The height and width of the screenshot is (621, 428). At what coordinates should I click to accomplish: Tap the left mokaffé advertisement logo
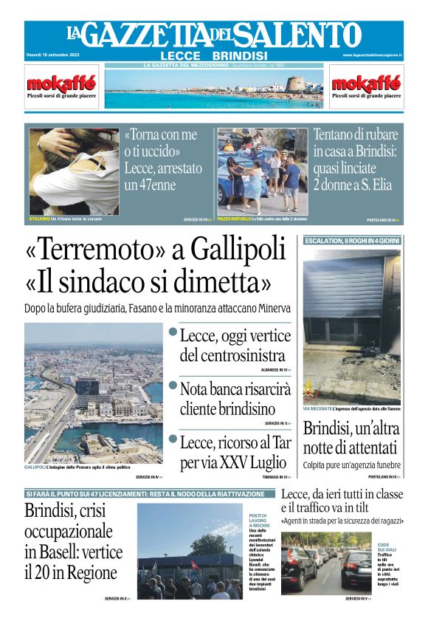(x=61, y=82)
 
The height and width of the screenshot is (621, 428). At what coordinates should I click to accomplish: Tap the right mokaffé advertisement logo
(x=366, y=82)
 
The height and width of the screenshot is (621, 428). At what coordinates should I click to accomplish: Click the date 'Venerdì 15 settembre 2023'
(x=52, y=55)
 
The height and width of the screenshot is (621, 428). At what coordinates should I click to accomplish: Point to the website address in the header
(x=372, y=55)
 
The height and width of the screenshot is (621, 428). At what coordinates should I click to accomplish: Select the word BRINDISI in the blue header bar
(x=239, y=55)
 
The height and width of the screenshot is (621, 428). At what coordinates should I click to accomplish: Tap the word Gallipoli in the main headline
(x=238, y=250)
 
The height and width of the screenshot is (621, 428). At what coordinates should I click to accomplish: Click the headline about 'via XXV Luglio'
(x=235, y=452)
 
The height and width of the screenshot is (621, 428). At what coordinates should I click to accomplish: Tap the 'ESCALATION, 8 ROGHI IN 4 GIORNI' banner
(x=352, y=241)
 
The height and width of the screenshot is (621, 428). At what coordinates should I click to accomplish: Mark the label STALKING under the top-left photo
(x=39, y=219)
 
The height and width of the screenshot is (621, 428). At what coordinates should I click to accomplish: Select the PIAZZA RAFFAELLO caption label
(x=233, y=219)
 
